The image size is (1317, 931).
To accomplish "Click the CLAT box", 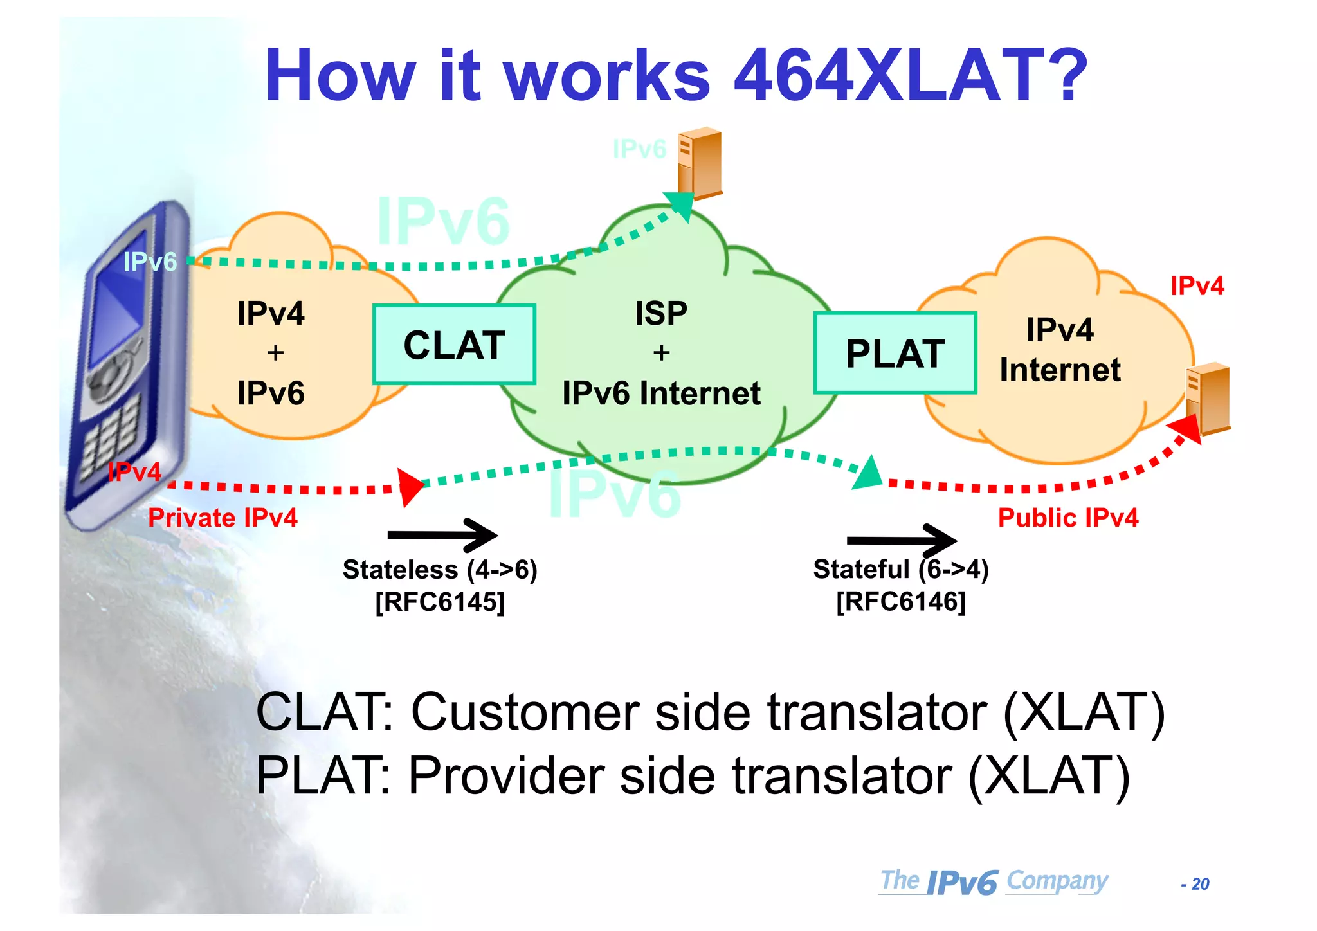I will pyautogui.click(x=454, y=345).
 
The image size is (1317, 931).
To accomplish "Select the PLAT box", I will pyautogui.click(x=895, y=353).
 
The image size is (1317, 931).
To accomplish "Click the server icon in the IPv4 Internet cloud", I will pyautogui.click(x=1208, y=399).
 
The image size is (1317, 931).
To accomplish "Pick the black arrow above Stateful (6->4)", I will pyautogui.click(x=902, y=540).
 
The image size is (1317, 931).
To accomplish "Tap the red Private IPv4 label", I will pyautogui.click(x=223, y=518).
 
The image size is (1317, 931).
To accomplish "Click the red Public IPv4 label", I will pyautogui.click(x=1067, y=518).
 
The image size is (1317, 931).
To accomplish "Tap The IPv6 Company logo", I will pyautogui.click(x=994, y=881).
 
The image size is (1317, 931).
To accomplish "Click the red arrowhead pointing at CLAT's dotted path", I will pyautogui.click(x=410, y=487).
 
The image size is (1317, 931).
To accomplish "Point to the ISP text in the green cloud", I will pyautogui.click(x=661, y=314).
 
